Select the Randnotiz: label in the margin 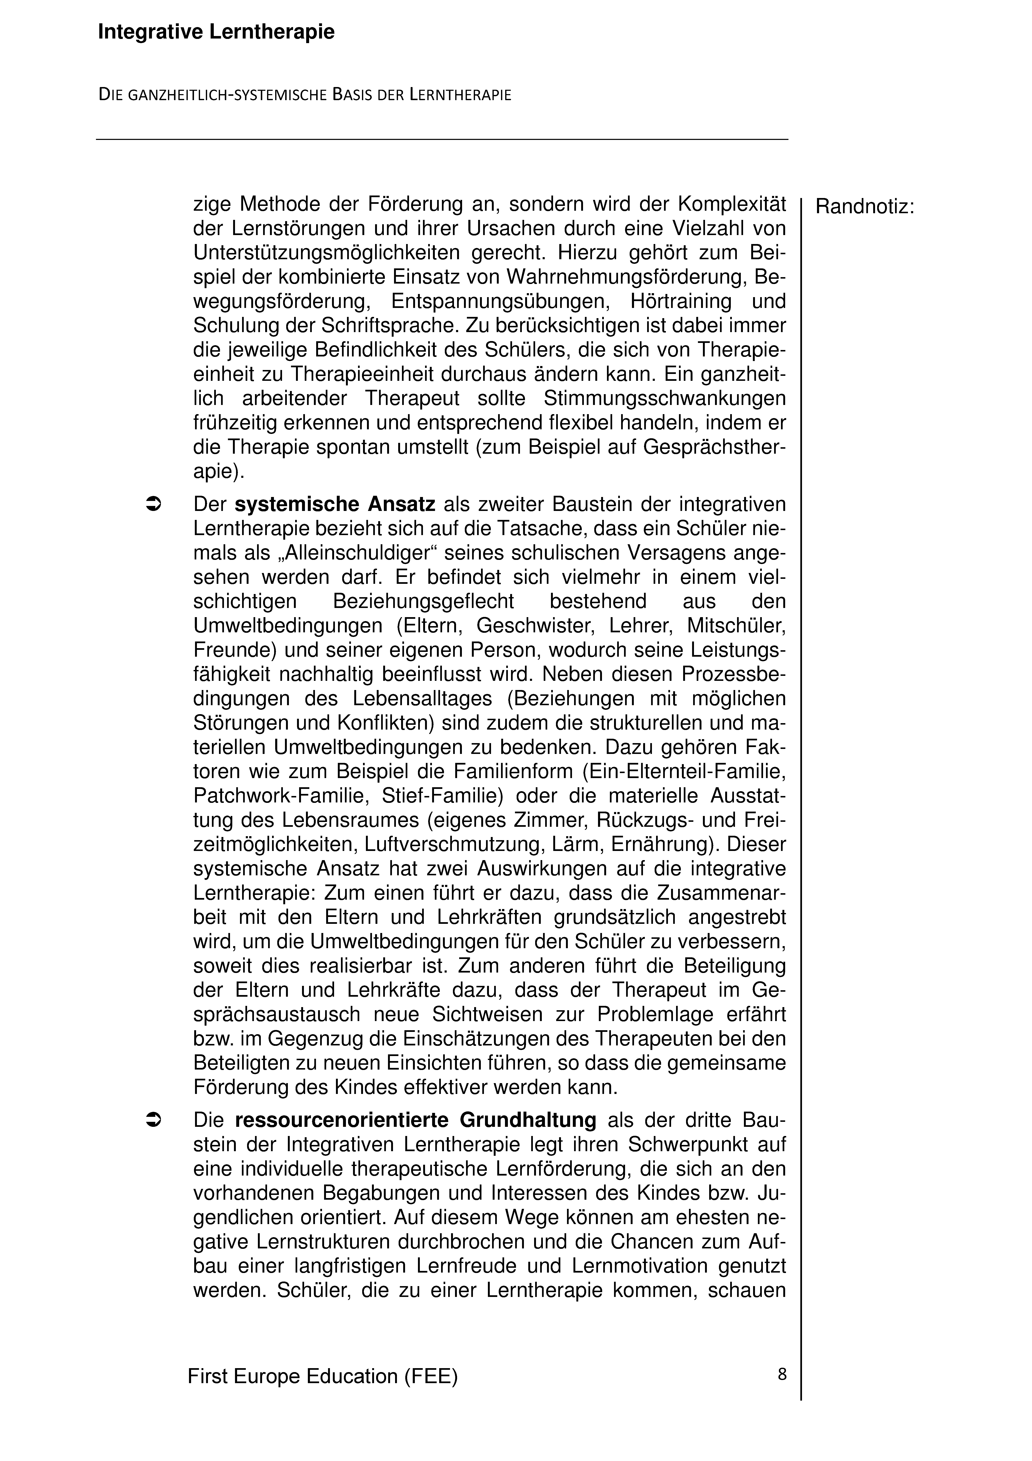865,207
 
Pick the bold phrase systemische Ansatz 335,505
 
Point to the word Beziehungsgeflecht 423,601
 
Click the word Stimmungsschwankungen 664,398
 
